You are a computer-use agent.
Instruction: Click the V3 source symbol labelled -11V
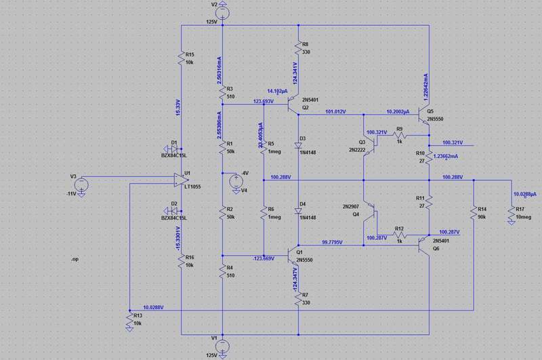tap(81, 184)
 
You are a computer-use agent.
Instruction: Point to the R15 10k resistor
tap(182, 59)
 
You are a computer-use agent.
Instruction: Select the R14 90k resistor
tap(472, 214)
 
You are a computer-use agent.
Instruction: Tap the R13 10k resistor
tap(129, 321)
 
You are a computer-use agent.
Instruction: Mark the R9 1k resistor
tap(399, 136)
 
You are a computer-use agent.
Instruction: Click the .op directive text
tap(77, 260)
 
